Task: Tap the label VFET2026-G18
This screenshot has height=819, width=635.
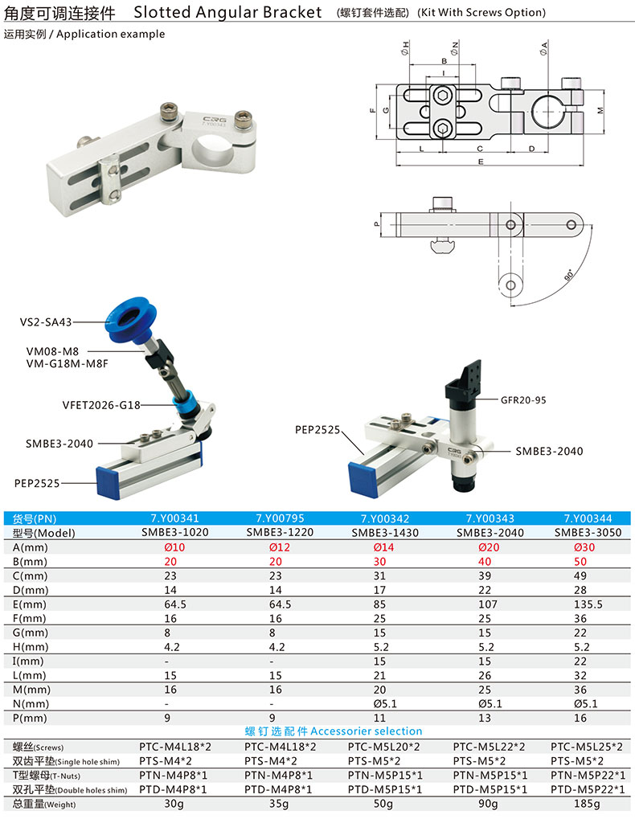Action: tap(101, 405)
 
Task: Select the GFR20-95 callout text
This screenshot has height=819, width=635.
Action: tap(523, 400)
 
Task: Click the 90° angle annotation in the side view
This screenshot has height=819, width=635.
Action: tap(568, 275)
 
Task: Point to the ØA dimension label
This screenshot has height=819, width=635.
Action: tap(543, 48)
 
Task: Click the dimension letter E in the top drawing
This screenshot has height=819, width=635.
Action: tap(481, 162)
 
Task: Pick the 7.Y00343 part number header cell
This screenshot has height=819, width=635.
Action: tap(490, 518)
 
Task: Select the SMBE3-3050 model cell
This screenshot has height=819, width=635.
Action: tap(588, 532)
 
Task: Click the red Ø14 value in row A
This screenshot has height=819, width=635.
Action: tap(383, 547)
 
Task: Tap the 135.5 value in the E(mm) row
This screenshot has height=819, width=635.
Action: tap(588, 604)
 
